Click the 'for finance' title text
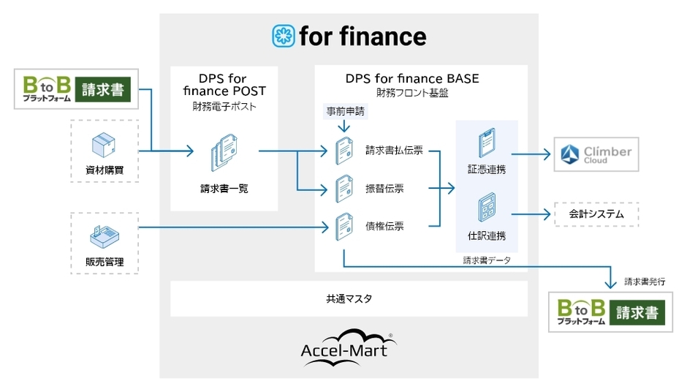pos(362,36)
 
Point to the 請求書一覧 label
pos(224,188)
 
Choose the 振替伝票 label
pos(384,189)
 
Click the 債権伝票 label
pos(384,226)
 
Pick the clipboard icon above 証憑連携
pos(487,144)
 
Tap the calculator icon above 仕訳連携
pos(487,208)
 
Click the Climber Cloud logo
pos(596,154)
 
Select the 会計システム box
pos(596,214)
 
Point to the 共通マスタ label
pos(349,299)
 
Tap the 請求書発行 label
pos(645,280)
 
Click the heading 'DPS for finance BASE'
pos(412,78)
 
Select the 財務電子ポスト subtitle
pos(224,107)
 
